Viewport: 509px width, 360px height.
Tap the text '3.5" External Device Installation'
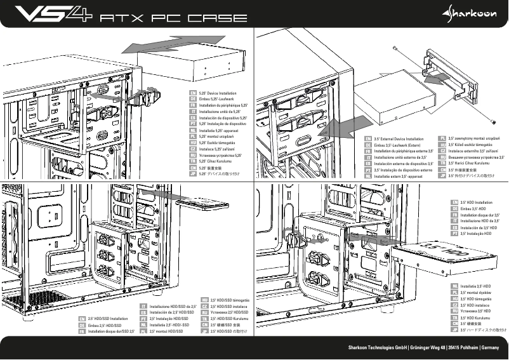click(399, 138)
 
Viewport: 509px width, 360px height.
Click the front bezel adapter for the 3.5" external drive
click(449, 76)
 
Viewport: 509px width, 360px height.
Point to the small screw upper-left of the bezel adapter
click(395, 49)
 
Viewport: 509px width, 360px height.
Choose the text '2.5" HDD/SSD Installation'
click(109, 319)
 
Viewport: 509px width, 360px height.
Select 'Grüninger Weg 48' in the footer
click(428, 348)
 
